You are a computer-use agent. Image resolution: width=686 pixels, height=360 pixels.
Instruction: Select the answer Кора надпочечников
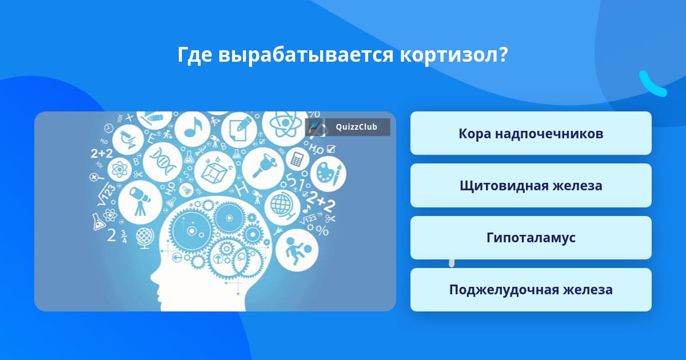531,133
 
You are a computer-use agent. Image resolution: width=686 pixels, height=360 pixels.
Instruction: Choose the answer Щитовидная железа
531,186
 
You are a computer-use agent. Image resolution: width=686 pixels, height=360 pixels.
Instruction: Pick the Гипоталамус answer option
531,238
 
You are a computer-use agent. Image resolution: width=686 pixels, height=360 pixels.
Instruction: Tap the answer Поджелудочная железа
531,290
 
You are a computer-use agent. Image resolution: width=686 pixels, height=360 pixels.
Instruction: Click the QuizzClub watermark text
356,127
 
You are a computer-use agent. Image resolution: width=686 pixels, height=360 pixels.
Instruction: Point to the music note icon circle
192,129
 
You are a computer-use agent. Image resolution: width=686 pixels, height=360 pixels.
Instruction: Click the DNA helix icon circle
162,162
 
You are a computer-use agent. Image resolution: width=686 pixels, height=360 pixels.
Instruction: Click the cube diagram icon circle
215,172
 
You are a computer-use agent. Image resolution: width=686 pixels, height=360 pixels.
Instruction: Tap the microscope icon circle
127,139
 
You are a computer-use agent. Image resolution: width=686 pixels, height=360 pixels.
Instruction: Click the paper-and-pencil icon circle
237,130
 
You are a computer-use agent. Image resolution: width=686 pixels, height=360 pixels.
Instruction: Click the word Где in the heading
196,55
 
